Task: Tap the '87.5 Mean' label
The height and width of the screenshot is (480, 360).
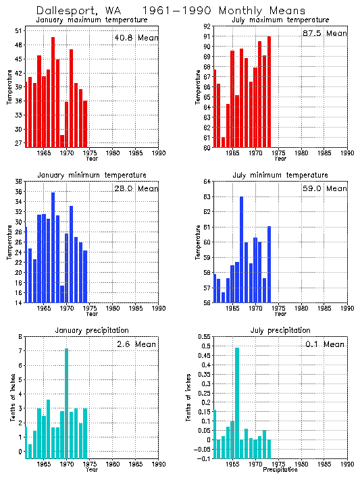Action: [325, 33]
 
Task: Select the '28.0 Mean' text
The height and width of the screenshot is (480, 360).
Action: [136, 189]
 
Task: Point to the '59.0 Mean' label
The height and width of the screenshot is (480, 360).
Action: [325, 189]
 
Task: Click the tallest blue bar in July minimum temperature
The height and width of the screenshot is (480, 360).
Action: [242, 249]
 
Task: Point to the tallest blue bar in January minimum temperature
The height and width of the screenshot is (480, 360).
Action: [53, 247]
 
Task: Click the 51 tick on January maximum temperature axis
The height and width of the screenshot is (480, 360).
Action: [19, 31]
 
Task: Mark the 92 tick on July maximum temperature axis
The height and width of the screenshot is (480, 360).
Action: [207, 26]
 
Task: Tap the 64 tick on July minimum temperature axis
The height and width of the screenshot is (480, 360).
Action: [207, 182]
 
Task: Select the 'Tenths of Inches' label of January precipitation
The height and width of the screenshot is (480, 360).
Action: [12, 398]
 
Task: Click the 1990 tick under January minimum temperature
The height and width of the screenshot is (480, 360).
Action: [158, 308]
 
